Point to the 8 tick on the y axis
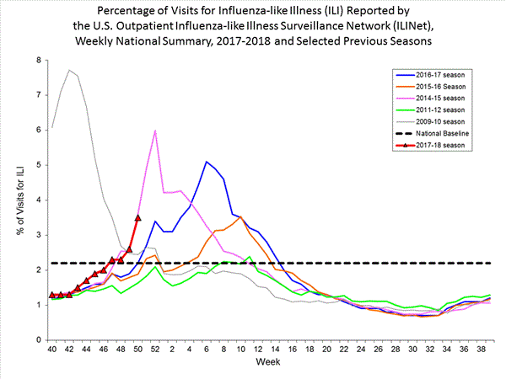pyautogui.click(x=38, y=61)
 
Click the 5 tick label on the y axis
pyautogui.click(x=38, y=165)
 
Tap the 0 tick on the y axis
pyautogui.click(x=38, y=339)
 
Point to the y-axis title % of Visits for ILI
pyautogui.click(x=18, y=200)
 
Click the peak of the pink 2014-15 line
pyautogui.click(x=155, y=131)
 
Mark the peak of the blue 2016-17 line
pyautogui.click(x=207, y=162)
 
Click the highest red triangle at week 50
pyautogui.click(x=137, y=217)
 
